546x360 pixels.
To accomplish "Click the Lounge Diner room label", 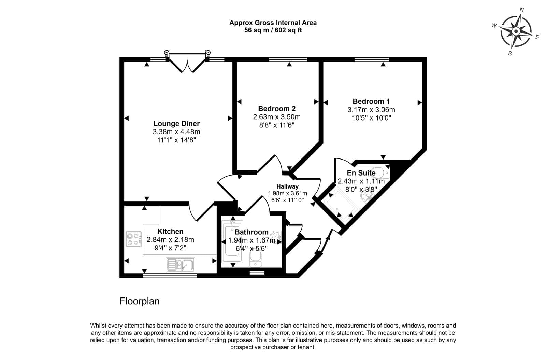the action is click(x=176, y=123).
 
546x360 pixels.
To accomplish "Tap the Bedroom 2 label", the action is click(x=277, y=109).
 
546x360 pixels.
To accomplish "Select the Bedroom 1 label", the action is click(x=371, y=101).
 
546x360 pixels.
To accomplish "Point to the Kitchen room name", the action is click(x=170, y=231).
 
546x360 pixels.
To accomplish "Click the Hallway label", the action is click(x=287, y=186).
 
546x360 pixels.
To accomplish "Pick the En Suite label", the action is click(x=361, y=173).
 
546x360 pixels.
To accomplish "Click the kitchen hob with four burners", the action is click(x=133, y=239).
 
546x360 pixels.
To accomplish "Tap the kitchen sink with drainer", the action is click(x=180, y=265).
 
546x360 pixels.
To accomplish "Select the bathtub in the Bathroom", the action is click(x=232, y=241).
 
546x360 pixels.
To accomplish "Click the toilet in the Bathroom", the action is click(x=256, y=259).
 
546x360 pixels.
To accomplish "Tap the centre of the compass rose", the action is click(x=516, y=31).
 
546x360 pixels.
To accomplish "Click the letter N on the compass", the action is click(x=522, y=10).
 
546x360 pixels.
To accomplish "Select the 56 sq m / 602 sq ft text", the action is click(x=273, y=30).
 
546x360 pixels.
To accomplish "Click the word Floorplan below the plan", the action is click(x=140, y=302).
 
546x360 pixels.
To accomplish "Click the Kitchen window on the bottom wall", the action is click(x=170, y=276).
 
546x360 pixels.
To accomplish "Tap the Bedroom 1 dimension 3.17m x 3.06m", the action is click(x=371, y=110).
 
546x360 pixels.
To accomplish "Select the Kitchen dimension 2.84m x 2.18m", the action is click(x=170, y=240).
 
